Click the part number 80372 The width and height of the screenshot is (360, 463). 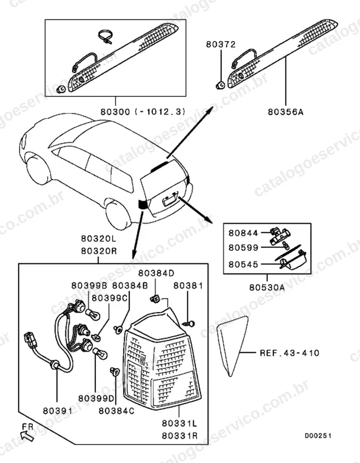click(221, 44)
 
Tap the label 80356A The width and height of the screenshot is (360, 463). click(286, 112)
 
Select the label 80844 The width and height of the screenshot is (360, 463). click(243, 233)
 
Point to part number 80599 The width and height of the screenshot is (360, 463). click(243, 247)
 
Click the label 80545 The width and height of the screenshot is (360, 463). click(243, 264)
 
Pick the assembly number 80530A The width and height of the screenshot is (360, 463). click(267, 287)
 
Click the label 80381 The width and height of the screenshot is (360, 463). click(188, 286)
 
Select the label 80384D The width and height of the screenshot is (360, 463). click(156, 273)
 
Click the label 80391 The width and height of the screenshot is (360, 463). click(57, 411)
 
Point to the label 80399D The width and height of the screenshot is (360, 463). click(96, 398)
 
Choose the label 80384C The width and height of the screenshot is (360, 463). click(116, 411)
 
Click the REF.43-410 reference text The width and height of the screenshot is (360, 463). click(290, 353)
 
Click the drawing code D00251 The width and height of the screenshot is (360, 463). click(318, 436)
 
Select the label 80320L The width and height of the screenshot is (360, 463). click(99, 238)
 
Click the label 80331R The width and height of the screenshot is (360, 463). click(179, 436)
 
